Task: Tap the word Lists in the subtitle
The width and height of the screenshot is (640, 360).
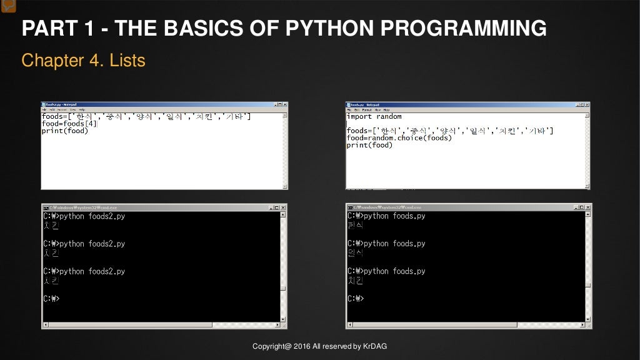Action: (x=127, y=61)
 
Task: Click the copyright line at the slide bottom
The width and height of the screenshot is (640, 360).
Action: (x=319, y=346)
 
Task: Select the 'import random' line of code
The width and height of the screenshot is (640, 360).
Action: (x=374, y=116)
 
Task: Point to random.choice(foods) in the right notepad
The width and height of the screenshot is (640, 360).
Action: (x=409, y=137)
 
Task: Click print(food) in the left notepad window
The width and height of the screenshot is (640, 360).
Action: (x=65, y=131)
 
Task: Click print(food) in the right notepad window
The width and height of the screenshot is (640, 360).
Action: (x=369, y=145)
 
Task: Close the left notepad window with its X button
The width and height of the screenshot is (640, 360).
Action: (x=284, y=104)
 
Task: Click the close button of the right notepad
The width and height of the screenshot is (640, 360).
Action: (x=586, y=104)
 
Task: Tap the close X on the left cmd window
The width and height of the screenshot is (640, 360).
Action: (x=282, y=207)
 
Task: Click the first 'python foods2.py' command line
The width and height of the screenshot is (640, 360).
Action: (x=92, y=216)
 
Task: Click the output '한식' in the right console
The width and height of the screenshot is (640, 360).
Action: (x=355, y=226)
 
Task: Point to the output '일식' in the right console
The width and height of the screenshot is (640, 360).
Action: (x=355, y=253)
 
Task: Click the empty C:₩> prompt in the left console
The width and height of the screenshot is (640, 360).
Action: (x=51, y=299)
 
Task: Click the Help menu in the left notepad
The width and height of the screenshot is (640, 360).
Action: (x=82, y=109)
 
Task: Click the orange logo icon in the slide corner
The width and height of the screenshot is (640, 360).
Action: (x=8, y=6)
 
